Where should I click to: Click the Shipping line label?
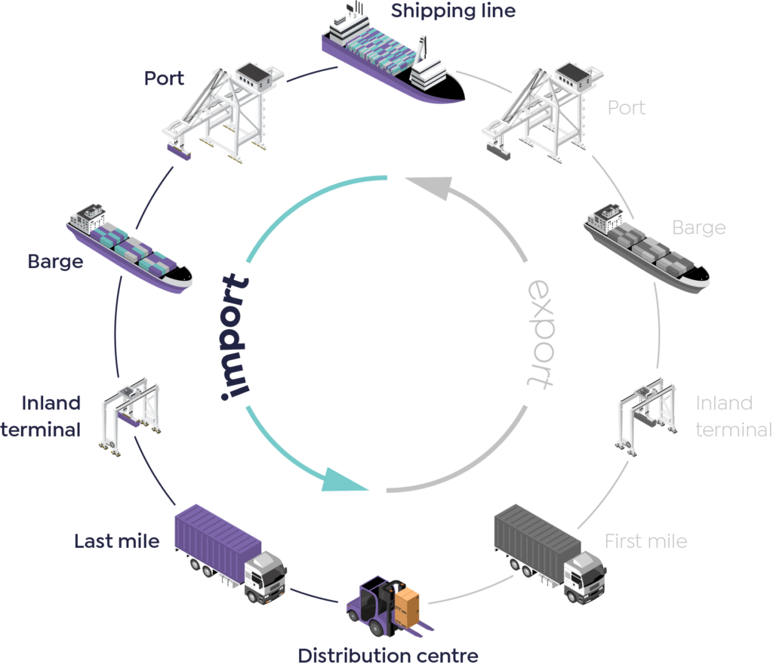pos(453,11)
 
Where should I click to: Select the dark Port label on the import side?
pos(165,78)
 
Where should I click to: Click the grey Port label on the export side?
pos(627,107)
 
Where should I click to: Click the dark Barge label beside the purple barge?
pos(56,263)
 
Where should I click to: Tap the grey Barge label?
pos(699,228)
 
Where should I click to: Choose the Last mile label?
pos(117,541)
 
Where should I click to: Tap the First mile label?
pos(646,541)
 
